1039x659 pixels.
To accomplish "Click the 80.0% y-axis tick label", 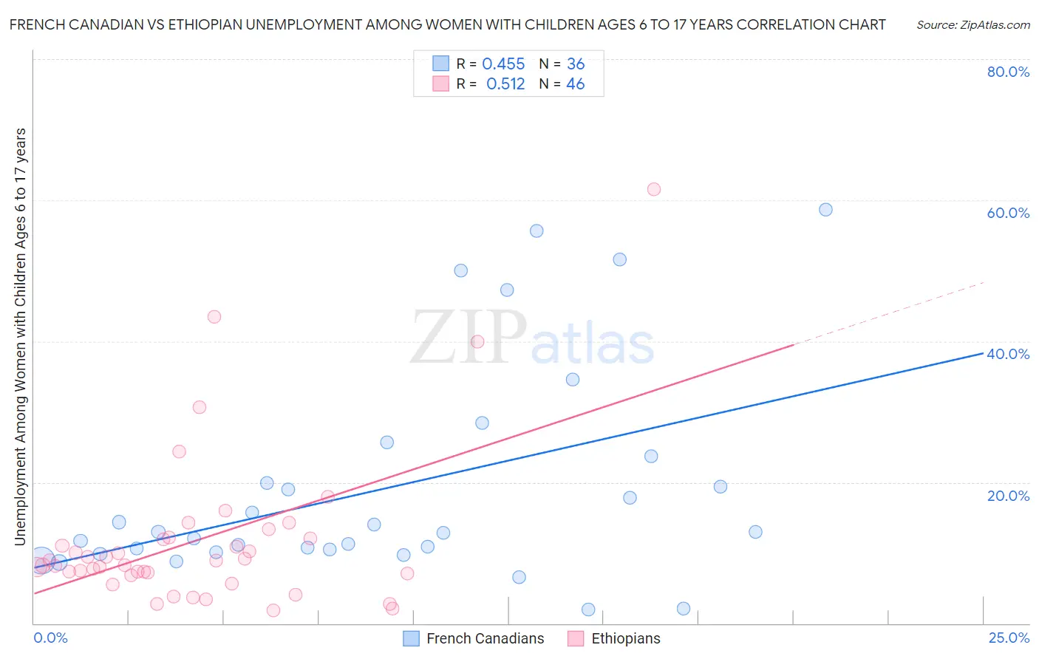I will click(x=1008, y=72).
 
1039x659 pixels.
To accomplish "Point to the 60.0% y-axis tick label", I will click(x=1008, y=213).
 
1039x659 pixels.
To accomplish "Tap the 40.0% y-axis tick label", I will click(x=1008, y=354).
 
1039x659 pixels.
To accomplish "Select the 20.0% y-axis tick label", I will click(x=1008, y=496).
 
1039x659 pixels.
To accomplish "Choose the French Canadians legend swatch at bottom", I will click(x=412, y=638).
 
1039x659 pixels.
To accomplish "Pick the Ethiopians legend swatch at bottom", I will click(x=576, y=638).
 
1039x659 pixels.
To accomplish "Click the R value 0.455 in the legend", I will click(x=503, y=64).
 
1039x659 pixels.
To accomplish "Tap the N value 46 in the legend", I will click(x=576, y=84).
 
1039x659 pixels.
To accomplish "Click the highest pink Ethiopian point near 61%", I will click(x=653, y=189).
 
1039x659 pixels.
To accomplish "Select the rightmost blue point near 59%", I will click(x=825, y=210).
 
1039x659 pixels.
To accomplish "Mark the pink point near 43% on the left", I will click(x=214, y=317).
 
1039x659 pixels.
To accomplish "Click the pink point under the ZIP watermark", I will click(x=477, y=341).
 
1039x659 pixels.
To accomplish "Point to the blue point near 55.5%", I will click(x=536, y=231).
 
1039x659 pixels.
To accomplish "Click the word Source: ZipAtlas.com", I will click(x=972, y=25).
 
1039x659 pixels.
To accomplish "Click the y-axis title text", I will click(x=20, y=336).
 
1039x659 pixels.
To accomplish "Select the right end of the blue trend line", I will click(x=982, y=354).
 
